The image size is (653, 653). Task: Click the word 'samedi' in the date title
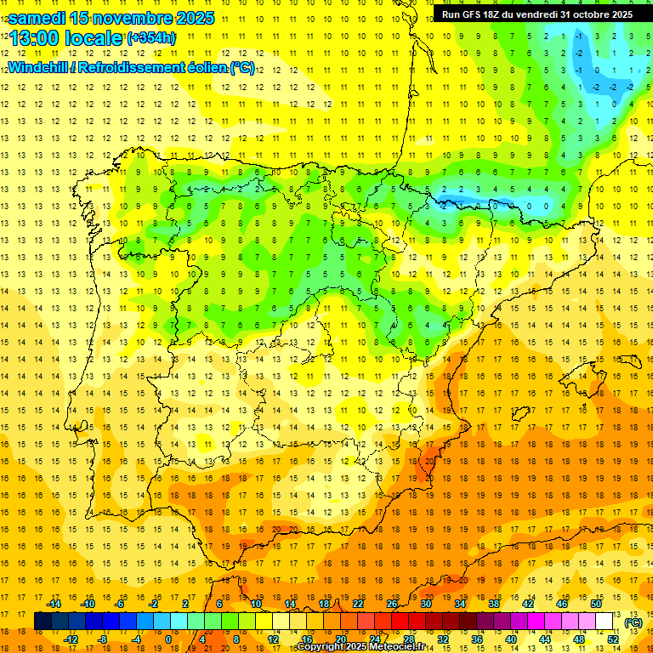[x=38, y=18]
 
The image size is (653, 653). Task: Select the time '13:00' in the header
[x=33, y=38]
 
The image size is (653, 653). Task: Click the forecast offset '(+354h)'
[x=151, y=38]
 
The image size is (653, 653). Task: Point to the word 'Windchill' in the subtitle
[x=38, y=67]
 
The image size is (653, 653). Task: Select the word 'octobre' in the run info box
[x=588, y=14]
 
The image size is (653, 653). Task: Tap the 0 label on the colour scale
[x=168, y=639]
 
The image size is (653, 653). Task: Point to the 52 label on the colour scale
[x=613, y=639]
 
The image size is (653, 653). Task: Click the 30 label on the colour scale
[x=425, y=603]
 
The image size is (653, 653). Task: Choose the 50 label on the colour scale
[x=596, y=603]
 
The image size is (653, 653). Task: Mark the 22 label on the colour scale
[x=357, y=603]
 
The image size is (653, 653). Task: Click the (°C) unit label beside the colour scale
[x=633, y=622]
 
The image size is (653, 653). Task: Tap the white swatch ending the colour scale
[x=605, y=622]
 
